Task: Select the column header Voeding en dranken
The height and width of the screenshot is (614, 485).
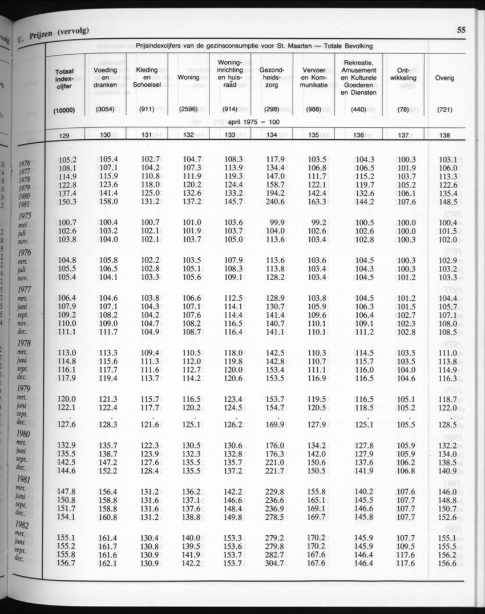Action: click(105, 78)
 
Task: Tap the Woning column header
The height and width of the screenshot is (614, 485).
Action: click(188, 77)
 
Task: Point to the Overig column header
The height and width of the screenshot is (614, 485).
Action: click(444, 78)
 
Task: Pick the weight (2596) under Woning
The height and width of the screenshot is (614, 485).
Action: click(188, 110)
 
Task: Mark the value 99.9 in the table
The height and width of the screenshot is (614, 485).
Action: click(273, 222)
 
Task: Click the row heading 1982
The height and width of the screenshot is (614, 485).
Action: click(25, 526)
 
